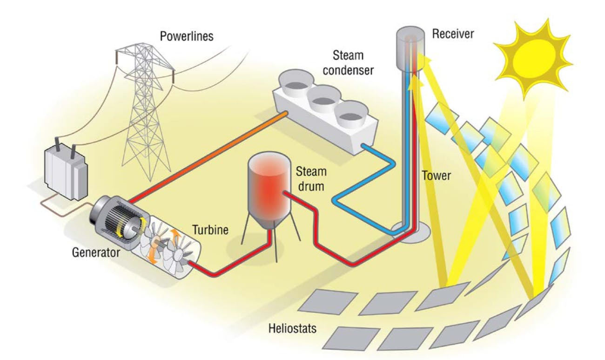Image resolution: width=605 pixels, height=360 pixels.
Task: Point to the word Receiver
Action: click(x=453, y=33)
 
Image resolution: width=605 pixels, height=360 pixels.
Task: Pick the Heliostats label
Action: click(x=292, y=329)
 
